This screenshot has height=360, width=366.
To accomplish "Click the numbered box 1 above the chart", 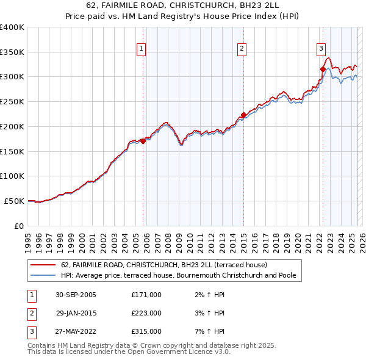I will pos(142,49).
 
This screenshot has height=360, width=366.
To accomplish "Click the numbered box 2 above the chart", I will pos(242,49).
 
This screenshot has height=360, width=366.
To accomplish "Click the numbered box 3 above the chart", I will pos(321,49).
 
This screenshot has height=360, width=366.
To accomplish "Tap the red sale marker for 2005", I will pos(143,141).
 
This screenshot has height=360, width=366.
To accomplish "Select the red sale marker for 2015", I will pos(243,115).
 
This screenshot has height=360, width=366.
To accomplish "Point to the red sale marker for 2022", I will pos(323,69).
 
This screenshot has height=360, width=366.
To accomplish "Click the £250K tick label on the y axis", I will pos(12,101).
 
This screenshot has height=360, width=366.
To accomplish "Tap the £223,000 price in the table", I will pos(146,313).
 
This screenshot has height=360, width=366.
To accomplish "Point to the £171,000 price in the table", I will pos(146,295).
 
